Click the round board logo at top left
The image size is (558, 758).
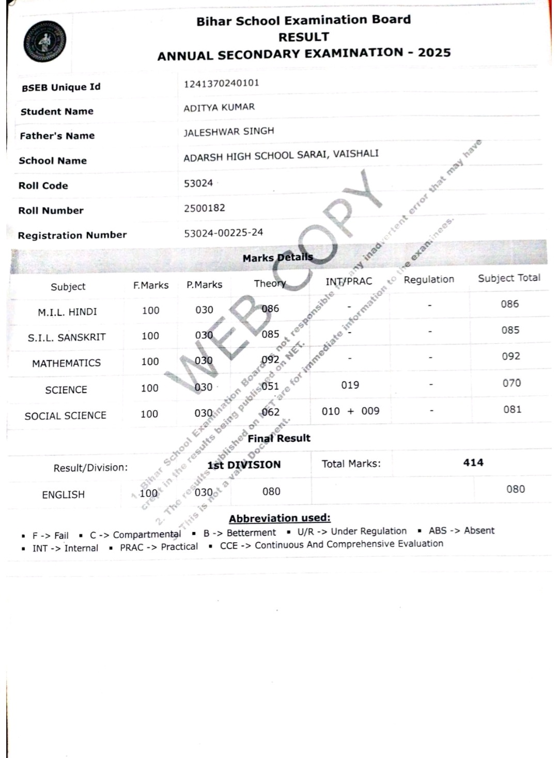(x=44, y=42)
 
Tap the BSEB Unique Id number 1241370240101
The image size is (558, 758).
(x=221, y=83)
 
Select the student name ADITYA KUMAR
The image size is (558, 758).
(x=219, y=107)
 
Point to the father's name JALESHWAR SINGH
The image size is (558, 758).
(x=228, y=132)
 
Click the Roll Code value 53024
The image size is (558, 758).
(x=198, y=183)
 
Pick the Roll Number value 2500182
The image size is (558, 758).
(x=205, y=208)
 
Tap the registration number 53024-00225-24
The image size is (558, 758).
(x=223, y=233)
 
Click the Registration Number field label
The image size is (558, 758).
(x=72, y=235)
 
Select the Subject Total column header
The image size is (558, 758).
(x=509, y=278)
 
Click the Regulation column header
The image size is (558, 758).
(x=429, y=280)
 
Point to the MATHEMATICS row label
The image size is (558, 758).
(x=66, y=363)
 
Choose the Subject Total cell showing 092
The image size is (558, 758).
(x=510, y=357)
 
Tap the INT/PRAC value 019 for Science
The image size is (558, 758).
(x=350, y=385)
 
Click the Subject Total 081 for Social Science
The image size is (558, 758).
(x=512, y=410)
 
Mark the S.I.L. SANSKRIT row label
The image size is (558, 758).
(x=67, y=337)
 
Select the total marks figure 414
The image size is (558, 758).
(x=473, y=463)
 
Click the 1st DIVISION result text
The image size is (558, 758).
(x=244, y=465)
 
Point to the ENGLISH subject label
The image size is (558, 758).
(x=63, y=495)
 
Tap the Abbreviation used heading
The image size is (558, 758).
(x=280, y=518)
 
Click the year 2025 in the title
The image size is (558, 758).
(x=434, y=53)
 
